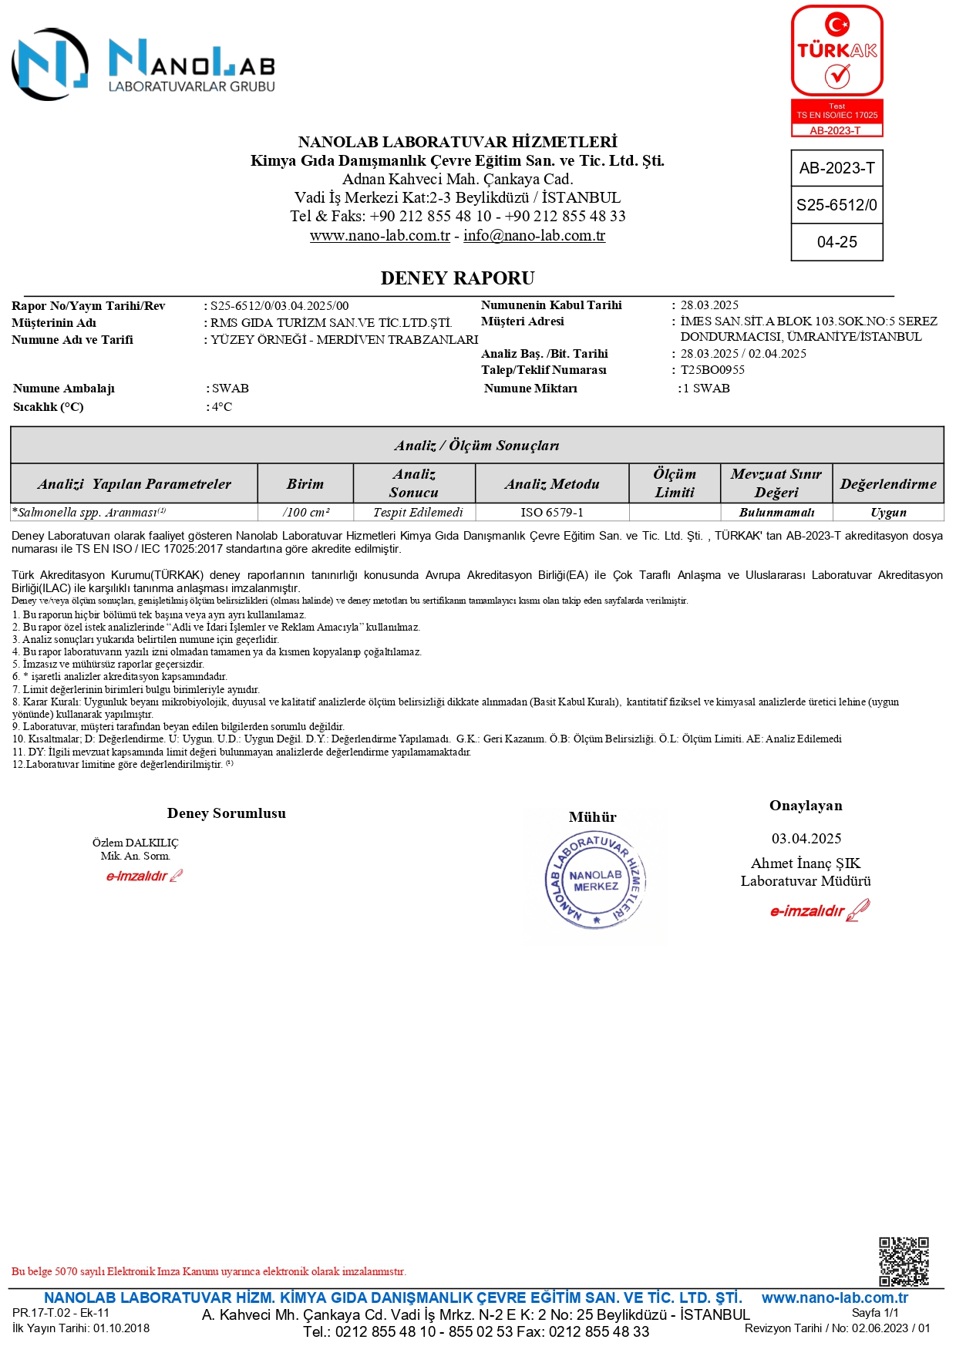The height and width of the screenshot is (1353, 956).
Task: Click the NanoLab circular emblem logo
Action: [50, 65]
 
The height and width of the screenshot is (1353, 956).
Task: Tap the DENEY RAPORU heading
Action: [457, 278]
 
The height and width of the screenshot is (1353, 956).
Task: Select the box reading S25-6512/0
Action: [836, 205]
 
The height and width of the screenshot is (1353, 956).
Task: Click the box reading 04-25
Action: [836, 242]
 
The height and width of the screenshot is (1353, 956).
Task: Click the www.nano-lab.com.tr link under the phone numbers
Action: [379, 236]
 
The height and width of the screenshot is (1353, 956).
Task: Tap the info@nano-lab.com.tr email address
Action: [534, 236]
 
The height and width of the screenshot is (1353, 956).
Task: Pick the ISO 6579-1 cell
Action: [552, 513]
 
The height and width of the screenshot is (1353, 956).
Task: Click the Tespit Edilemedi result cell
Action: [414, 513]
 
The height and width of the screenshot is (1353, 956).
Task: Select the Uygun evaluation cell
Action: [888, 513]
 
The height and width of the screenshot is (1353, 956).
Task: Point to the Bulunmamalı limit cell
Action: [776, 513]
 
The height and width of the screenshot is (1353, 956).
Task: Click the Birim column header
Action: [305, 484]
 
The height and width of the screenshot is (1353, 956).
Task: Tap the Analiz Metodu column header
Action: [552, 484]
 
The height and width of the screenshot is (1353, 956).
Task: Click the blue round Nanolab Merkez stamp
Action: [595, 880]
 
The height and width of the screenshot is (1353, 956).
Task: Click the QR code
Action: [904, 1261]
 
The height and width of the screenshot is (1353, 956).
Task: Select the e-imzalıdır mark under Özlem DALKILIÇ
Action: [144, 876]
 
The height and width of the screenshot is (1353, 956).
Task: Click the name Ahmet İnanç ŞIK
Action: [806, 863]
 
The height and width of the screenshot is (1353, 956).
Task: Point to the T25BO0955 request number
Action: [712, 370]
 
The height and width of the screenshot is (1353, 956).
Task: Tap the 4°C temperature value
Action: [222, 407]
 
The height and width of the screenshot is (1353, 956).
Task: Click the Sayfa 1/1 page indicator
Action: [875, 1313]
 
